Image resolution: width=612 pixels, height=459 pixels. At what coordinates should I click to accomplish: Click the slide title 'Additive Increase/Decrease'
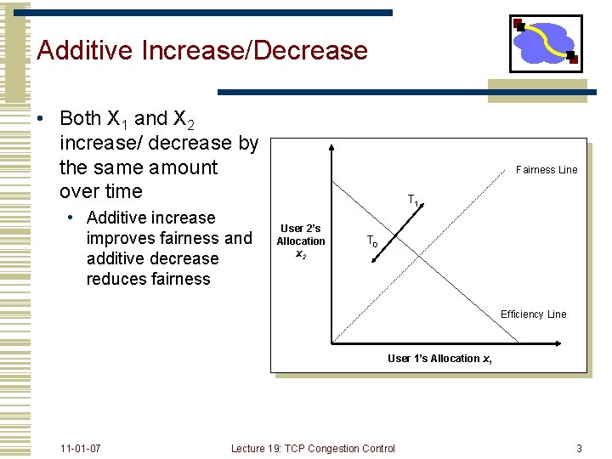coord(202,50)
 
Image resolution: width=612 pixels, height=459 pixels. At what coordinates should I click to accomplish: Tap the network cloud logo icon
coord(545,43)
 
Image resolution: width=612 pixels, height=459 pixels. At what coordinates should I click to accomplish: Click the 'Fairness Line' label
coord(547,170)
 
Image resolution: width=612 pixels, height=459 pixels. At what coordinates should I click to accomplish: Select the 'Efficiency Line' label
coord(533,314)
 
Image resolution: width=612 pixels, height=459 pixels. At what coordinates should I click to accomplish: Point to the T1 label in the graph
coord(413,201)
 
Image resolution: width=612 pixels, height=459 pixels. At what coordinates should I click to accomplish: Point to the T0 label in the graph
coord(372,241)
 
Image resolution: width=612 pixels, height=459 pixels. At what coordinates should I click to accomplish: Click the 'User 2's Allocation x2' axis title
coord(300,241)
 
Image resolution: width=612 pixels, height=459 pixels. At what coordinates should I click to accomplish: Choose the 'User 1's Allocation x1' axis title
coord(439,359)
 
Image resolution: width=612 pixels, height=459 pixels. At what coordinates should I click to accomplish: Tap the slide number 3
coord(579,448)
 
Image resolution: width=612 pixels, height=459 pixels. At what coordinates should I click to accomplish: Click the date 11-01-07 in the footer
coord(81,448)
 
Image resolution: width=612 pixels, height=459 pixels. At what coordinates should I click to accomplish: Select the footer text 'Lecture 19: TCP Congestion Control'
coord(313,448)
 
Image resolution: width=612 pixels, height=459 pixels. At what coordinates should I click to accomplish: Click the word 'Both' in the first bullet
coord(81,119)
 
